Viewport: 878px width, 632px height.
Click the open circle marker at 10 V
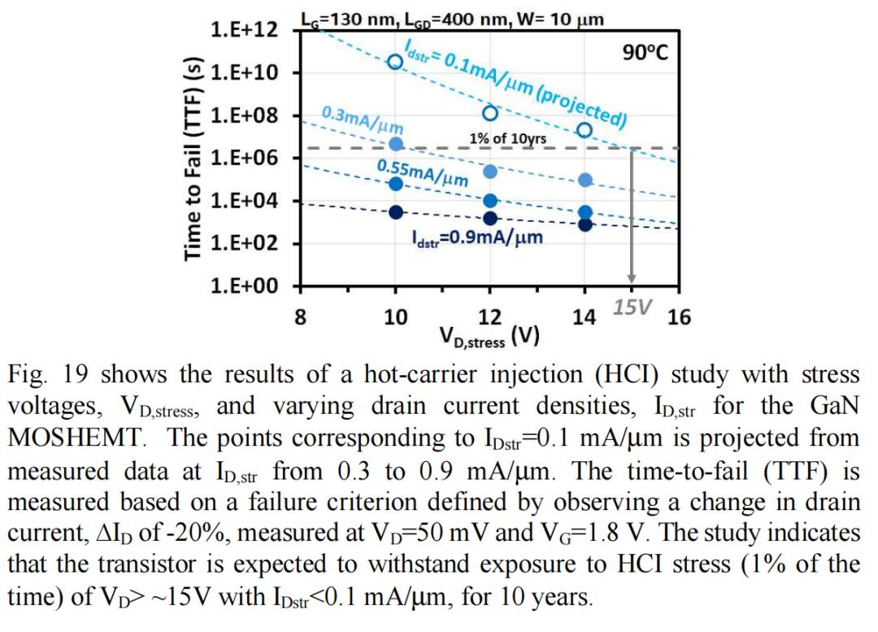pyautogui.click(x=395, y=62)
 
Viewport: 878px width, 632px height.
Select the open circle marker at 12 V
pyautogui.click(x=490, y=113)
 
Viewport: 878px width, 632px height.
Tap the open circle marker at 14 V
pyautogui.click(x=585, y=130)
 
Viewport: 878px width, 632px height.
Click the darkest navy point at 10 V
pyautogui.click(x=395, y=212)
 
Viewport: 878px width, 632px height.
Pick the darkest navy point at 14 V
pyautogui.click(x=585, y=224)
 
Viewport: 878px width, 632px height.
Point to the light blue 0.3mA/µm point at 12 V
pyautogui.click(x=490, y=172)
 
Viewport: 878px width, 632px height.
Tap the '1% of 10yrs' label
pyautogui.click(x=507, y=138)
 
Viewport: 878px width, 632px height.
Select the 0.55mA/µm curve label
pyautogui.click(x=422, y=172)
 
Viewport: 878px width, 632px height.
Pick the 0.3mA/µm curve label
pyautogui.click(x=357, y=120)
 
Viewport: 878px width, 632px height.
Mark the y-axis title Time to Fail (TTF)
pyautogui.click(x=193, y=159)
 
